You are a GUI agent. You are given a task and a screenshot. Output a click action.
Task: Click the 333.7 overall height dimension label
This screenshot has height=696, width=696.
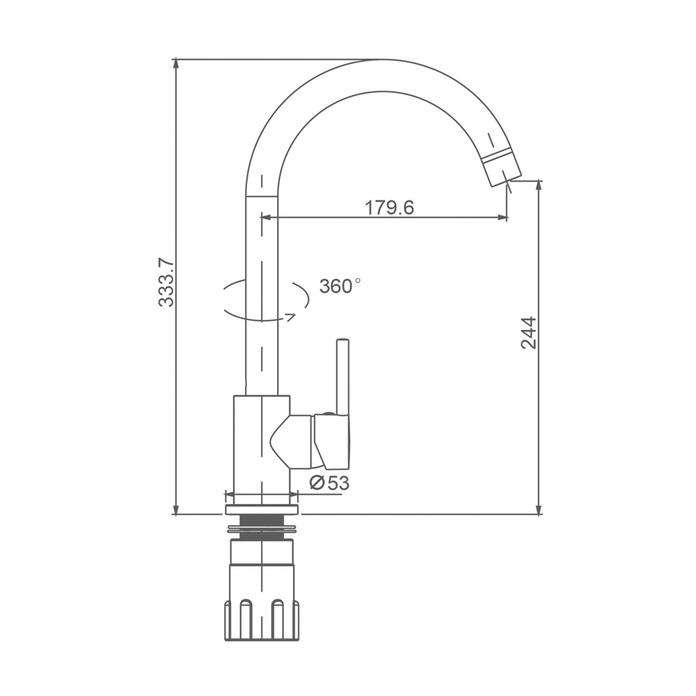click(167, 283)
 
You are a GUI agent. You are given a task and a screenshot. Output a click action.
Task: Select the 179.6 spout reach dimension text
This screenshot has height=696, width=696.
click(389, 207)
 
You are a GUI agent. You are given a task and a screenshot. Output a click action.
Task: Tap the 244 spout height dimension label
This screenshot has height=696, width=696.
click(529, 333)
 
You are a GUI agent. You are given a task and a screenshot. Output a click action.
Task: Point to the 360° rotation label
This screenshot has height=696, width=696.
click(340, 286)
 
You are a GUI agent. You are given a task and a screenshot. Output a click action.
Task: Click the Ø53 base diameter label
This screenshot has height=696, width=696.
click(329, 482)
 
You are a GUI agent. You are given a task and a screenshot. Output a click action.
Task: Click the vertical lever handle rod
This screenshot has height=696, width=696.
click(342, 377)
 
